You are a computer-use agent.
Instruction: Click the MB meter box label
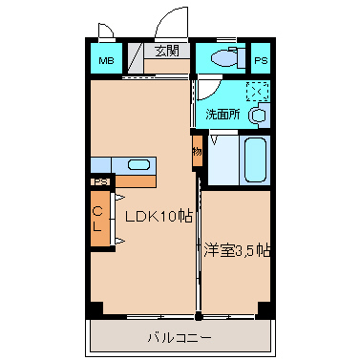[x=106, y=60]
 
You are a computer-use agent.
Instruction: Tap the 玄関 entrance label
[x=167, y=51]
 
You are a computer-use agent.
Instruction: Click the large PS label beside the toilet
[x=261, y=60]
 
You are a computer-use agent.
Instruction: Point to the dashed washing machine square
[x=258, y=92]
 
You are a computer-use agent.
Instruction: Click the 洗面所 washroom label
[x=222, y=115]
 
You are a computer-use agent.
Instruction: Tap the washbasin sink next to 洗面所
[x=258, y=116]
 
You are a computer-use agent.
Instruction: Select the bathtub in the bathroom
[x=255, y=160]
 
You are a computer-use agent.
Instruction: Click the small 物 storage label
[x=197, y=152]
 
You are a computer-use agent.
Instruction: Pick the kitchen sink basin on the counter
[x=138, y=165]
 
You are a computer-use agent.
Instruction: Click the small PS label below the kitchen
[x=100, y=182]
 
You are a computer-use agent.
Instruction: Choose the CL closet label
[x=97, y=219]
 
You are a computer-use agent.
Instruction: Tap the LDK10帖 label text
[x=159, y=217]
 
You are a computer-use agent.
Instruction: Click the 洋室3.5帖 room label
[x=237, y=250]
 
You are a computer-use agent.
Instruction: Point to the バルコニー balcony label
[x=180, y=337]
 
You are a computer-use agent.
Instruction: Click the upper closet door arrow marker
[x=119, y=198]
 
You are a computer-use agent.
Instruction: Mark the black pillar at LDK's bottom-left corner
[x=96, y=309]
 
